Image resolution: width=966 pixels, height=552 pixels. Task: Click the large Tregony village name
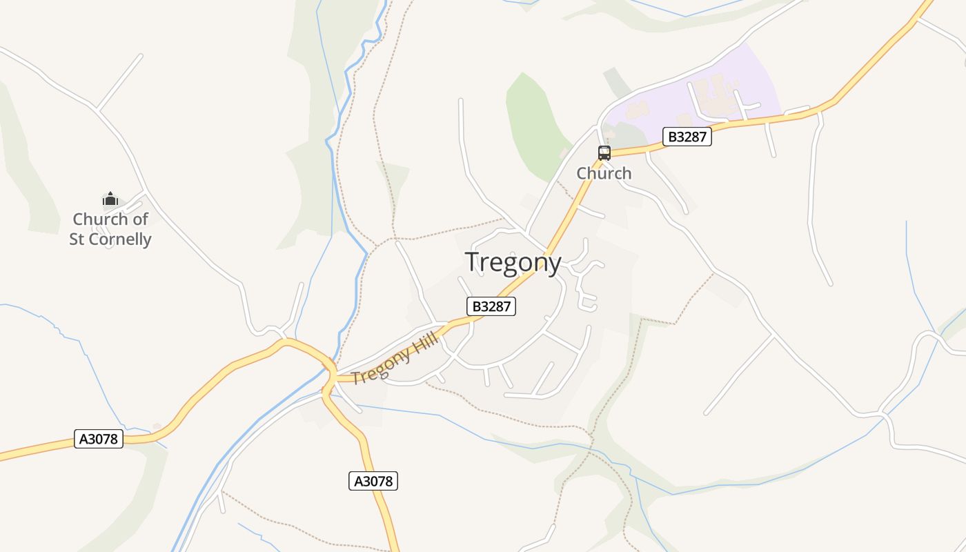(513, 263)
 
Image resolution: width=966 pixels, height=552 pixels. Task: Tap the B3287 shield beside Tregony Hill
(491, 306)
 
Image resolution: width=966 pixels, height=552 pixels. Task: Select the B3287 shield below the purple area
(687, 137)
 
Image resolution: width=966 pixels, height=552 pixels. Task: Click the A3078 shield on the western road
(99, 439)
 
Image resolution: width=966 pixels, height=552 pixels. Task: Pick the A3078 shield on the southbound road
(373, 481)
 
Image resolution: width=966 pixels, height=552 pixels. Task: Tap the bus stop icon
(604, 153)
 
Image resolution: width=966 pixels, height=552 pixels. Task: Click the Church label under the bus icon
(604, 173)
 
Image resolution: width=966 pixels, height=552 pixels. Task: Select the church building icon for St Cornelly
(110, 200)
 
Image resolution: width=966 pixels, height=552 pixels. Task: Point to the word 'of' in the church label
(140, 219)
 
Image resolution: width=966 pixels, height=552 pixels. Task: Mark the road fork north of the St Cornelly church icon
(97, 109)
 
